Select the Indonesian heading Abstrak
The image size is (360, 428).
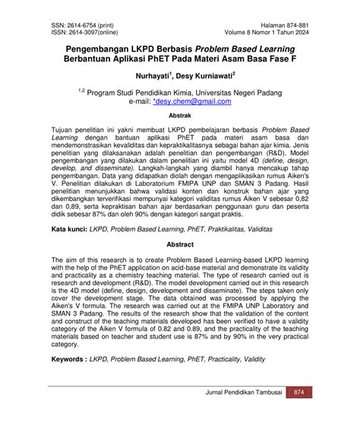pyautogui.click(x=179, y=116)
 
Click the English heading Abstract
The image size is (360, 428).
pyautogui.click(x=179, y=246)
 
